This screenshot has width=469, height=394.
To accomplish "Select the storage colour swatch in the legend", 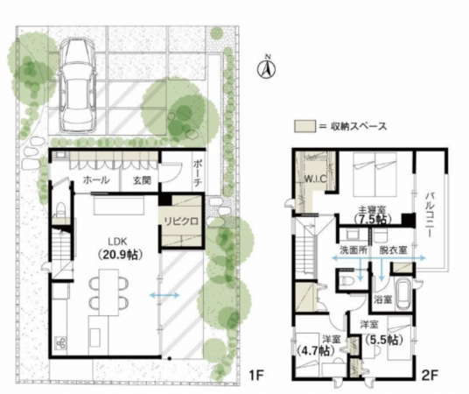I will [x=304, y=126].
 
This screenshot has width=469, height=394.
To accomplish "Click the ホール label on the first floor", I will [x=96, y=180].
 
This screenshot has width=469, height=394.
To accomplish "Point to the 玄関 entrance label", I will [x=142, y=180].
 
